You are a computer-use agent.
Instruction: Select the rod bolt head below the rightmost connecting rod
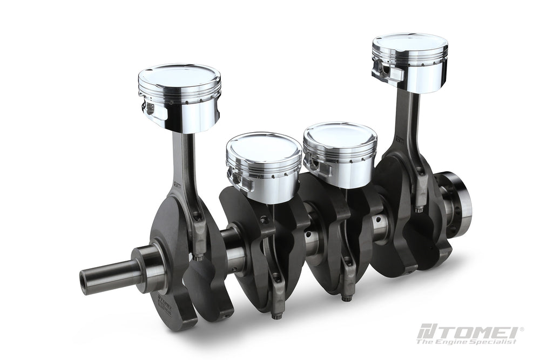tap(420, 207)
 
